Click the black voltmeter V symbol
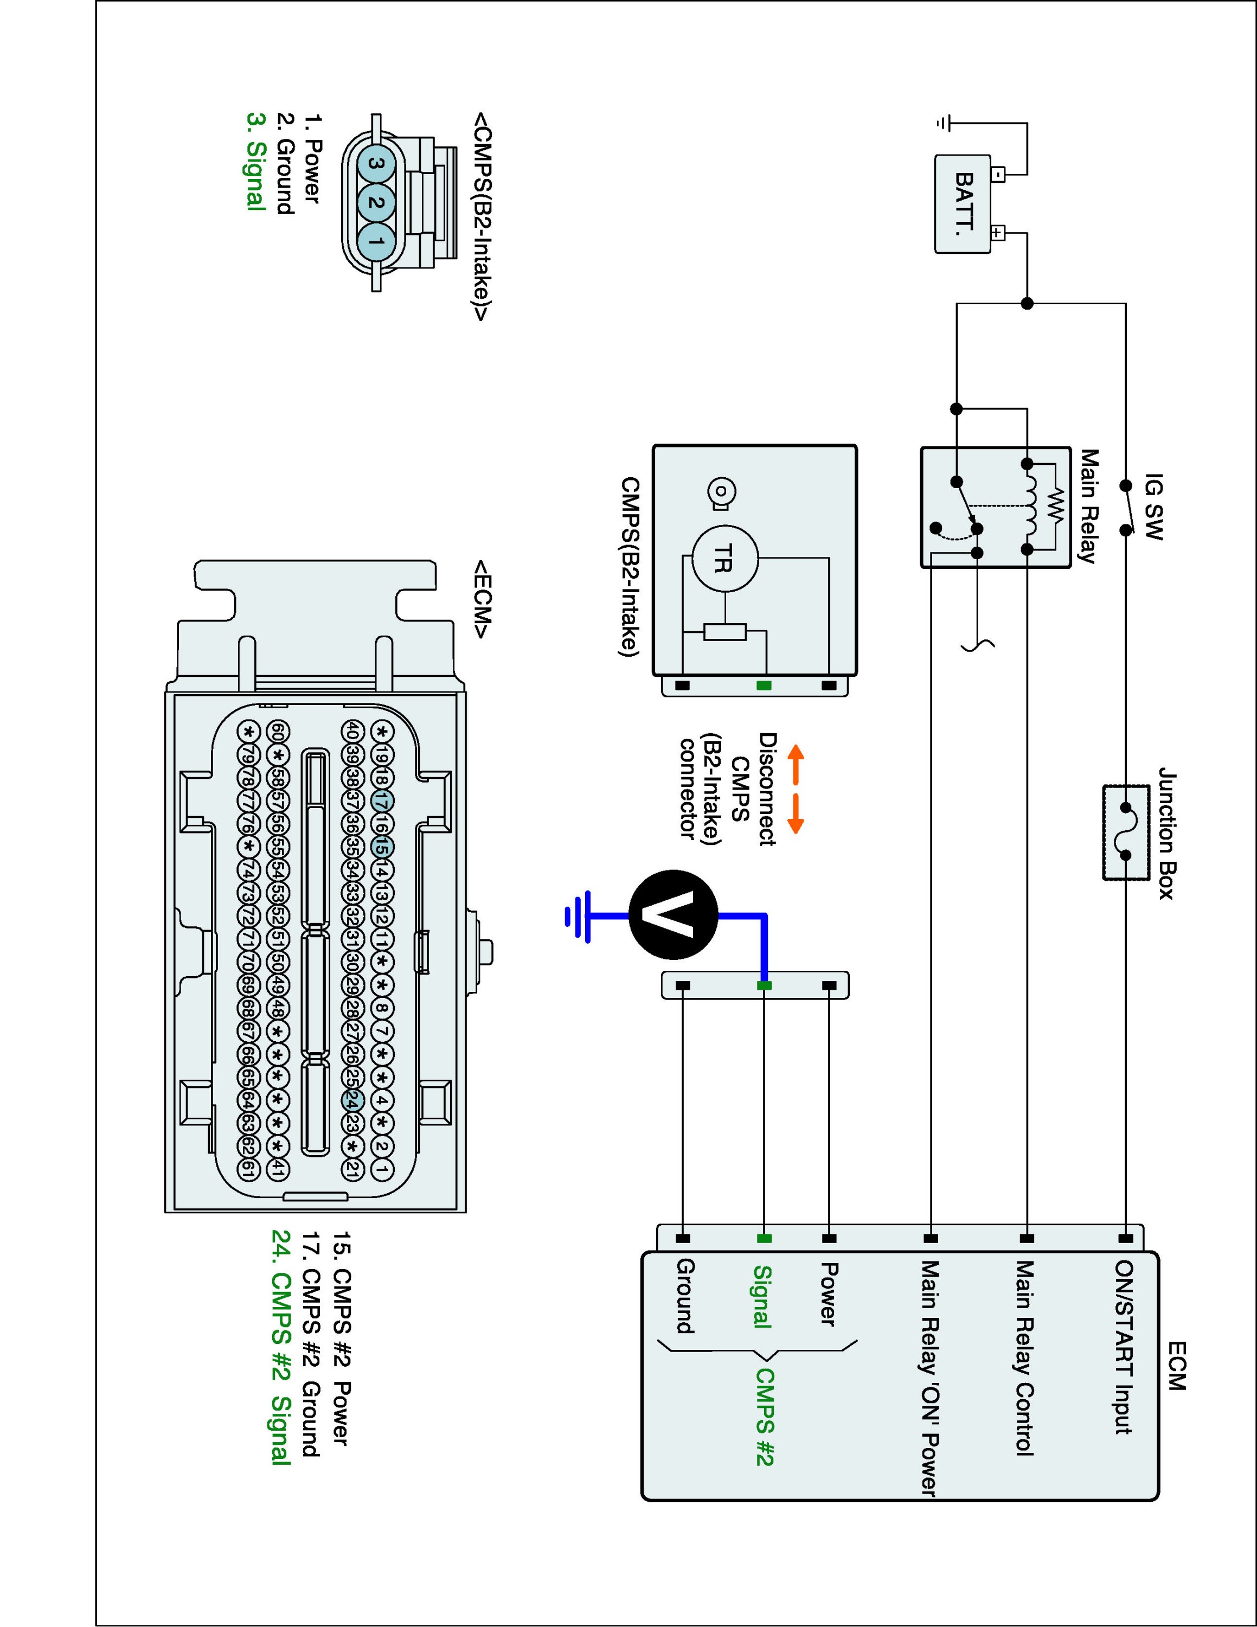pyautogui.click(x=673, y=914)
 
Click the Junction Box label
pyautogui.click(x=1166, y=833)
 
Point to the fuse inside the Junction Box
pyautogui.click(x=1125, y=831)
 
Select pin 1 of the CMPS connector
pyautogui.click(x=376, y=241)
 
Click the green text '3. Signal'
pyautogui.click(x=255, y=162)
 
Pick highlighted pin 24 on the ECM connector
pyautogui.click(x=353, y=1099)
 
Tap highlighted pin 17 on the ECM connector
pyautogui.click(x=381, y=802)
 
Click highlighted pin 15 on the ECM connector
pyautogui.click(x=381, y=847)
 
